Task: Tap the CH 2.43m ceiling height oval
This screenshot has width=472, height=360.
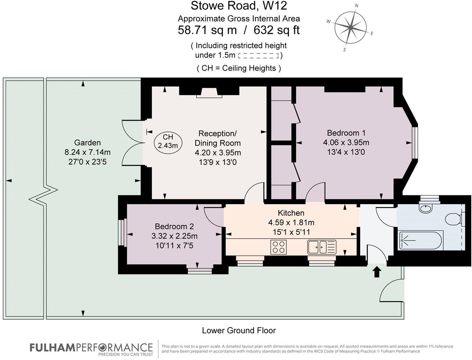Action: [x=168, y=141]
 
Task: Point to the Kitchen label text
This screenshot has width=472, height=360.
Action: [x=291, y=213]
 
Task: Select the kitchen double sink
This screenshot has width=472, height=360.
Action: [x=321, y=247]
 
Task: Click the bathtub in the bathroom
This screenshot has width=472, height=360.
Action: [x=418, y=240]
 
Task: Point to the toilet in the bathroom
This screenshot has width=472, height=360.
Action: [x=453, y=219]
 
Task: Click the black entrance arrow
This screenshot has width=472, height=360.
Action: [x=377, y=271]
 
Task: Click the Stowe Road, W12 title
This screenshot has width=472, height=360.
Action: [x=239, y=6]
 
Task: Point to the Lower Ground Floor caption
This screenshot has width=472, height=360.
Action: [x=239, y=330]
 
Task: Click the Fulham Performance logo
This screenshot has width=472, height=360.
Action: [x=91, y=348]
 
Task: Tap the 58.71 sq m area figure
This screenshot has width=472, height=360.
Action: [x=207, y=30]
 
